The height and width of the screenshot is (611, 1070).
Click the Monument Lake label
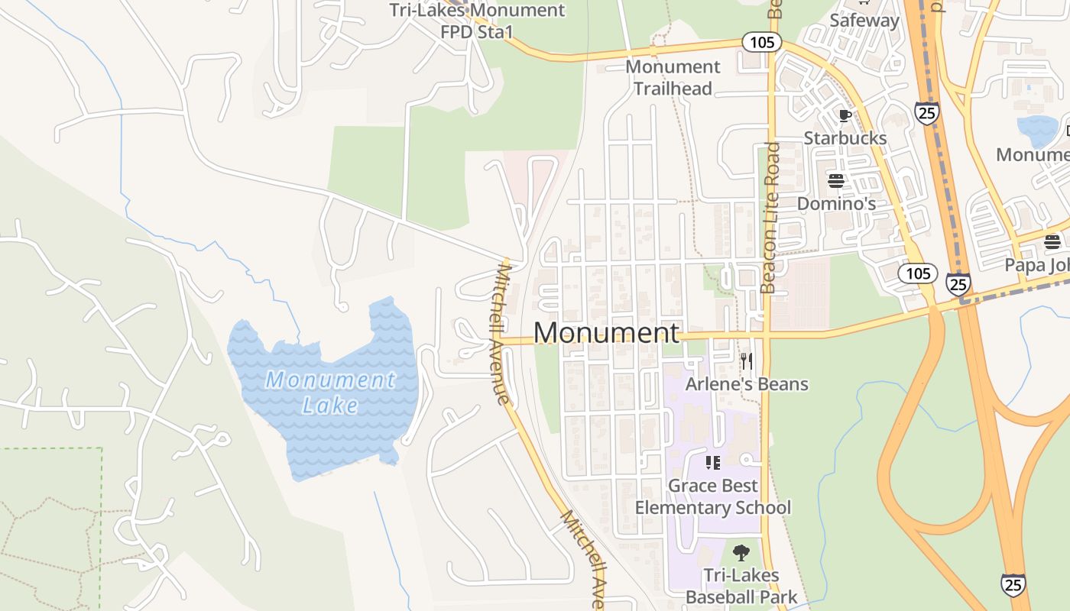tap(330, 391)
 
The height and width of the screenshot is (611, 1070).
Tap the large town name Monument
tap(606, 333)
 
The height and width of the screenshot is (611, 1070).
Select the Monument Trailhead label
tap(673, 78)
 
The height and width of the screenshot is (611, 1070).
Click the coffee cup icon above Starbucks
tap(845, 116)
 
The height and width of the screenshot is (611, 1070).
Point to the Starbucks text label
tap(845, 138)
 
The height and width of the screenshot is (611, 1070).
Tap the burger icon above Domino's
tap(836, 181)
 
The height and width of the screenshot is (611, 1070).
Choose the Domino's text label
tap(836, 204)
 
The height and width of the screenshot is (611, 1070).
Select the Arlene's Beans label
tap(747, 384)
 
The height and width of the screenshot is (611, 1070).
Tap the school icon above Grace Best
tap(713, 462)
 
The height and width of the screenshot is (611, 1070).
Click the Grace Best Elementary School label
tap(713, 496)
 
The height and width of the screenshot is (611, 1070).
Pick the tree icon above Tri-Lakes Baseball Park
tap(741, 552)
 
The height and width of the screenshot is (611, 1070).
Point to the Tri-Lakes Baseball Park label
tap(741, 586)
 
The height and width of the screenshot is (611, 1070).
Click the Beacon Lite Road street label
tap(770, 218)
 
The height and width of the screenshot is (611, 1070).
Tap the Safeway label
tap(864, 21)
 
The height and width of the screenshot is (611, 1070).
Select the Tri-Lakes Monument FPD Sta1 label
tap(477, 21)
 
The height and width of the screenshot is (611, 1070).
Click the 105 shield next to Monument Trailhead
tap(762, 43)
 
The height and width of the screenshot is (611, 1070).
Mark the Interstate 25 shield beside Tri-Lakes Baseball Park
tap(1013, 585)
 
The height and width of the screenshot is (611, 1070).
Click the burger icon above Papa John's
tap(1052, 242)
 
